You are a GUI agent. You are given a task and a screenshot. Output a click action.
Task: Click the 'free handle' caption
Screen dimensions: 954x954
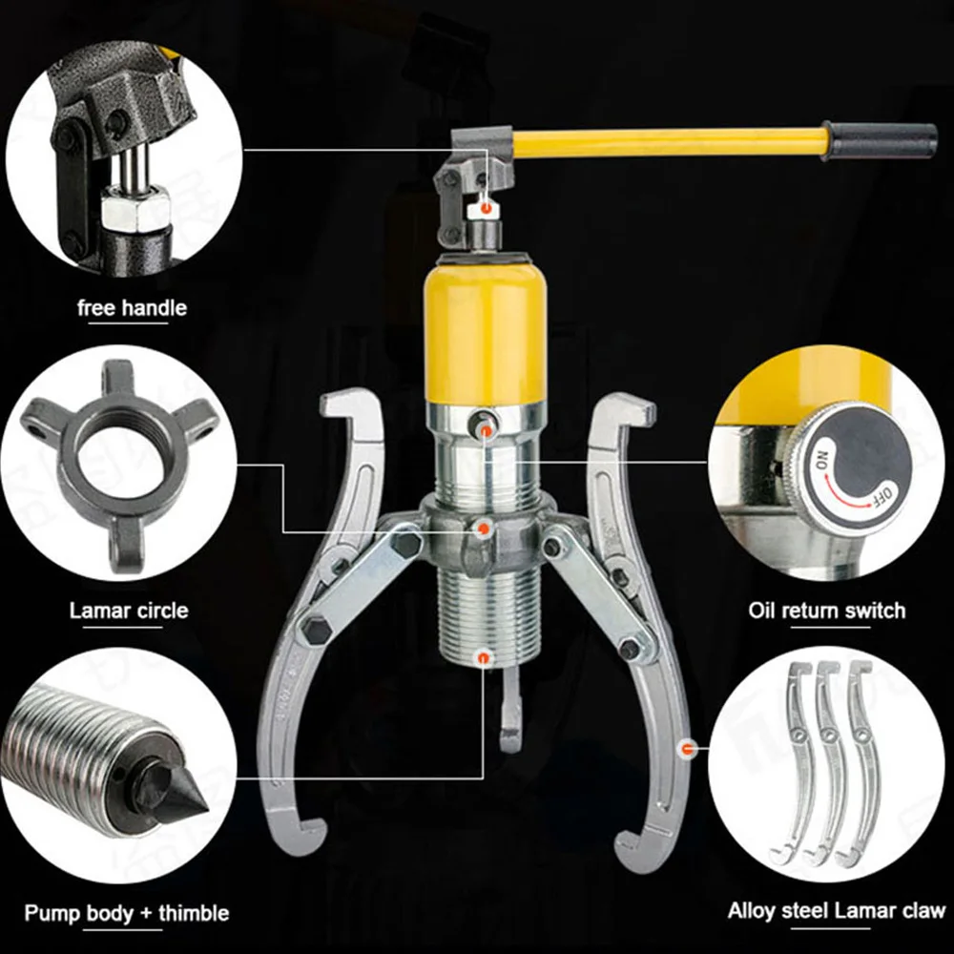click(x=132, y=308)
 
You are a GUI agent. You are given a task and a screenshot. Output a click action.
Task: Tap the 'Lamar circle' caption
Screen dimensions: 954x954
click(x=129, y=610)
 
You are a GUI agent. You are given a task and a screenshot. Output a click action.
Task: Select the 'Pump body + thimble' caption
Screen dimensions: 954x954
click(x=127, y=913)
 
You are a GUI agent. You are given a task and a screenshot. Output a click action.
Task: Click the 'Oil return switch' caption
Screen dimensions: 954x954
click(x=827, y=611)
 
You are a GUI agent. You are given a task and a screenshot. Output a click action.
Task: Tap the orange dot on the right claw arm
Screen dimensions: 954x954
click(x=684, y=749)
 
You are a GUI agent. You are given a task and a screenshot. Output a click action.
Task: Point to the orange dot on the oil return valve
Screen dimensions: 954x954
click(x=487, y=432)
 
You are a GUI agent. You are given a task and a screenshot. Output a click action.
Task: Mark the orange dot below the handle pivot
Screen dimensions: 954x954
click(x=486, y=207)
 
